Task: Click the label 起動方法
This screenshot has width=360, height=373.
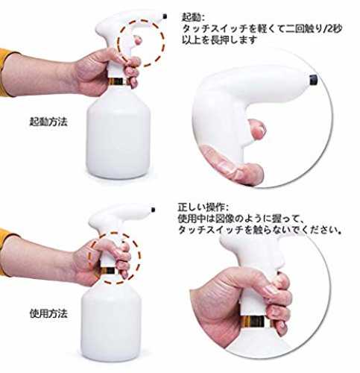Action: pos(48,122)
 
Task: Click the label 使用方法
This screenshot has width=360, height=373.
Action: pos(48,313)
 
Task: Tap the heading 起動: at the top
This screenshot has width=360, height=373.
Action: pos(194,17)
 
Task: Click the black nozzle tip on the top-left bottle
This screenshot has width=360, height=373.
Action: pos(165,16)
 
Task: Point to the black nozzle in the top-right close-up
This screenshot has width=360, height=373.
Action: pos(314,80)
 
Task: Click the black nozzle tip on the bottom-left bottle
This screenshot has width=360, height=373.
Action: pos(153,210)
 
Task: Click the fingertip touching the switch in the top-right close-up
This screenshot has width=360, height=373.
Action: pos(257,128)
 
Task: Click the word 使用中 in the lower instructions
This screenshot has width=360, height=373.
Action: pos(192,219)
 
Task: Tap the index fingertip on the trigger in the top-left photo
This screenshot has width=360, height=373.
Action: pos(137,40)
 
